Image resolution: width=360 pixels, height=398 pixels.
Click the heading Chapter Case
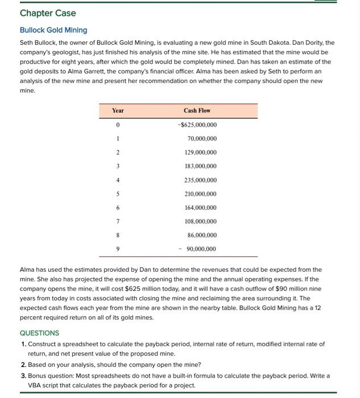[x=48, y=13]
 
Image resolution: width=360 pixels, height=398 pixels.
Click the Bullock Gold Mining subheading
[x=53, y=30]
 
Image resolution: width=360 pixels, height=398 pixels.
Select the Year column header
[x=118, y=110]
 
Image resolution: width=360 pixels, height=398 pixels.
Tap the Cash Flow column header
[x=197, y=110]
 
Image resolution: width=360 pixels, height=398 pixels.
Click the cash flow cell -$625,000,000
[x=197, y=125]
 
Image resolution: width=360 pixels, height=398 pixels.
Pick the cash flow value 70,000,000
[x=202, y=139]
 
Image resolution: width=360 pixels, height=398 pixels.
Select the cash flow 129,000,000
[x=200, y=152]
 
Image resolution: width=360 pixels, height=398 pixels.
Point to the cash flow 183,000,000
[x=200, y=166]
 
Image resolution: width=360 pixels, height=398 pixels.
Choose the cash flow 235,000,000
[x=200, y=180]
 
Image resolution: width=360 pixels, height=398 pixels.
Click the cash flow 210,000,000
[x=200, y=194]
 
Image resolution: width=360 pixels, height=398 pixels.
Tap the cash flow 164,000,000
[x=200, y=208]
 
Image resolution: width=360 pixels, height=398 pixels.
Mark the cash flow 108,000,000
[x=200, y=221]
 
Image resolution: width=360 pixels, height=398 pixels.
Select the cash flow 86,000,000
[x=202, y=235]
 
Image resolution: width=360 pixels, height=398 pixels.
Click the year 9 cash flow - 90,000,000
[x=198, y=249]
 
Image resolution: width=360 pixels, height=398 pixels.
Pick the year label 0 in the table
[x=118, y=125]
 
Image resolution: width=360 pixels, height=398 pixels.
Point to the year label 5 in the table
[x=118, y=194]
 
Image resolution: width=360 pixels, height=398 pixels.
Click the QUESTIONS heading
[x=39, y=333]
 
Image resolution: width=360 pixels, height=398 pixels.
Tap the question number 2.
[x=23, y=364]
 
